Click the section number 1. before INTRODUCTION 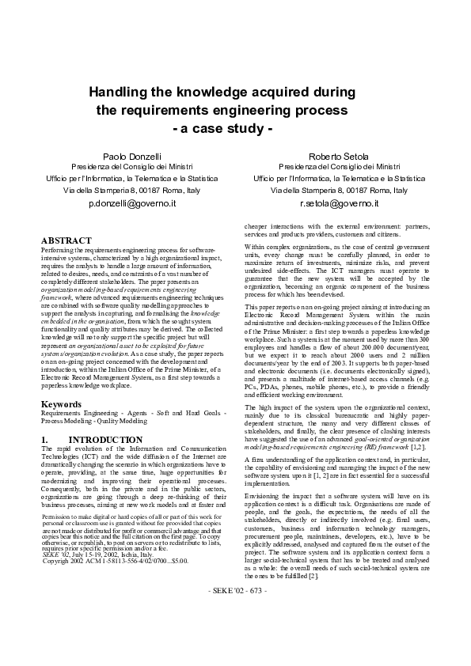45,438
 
